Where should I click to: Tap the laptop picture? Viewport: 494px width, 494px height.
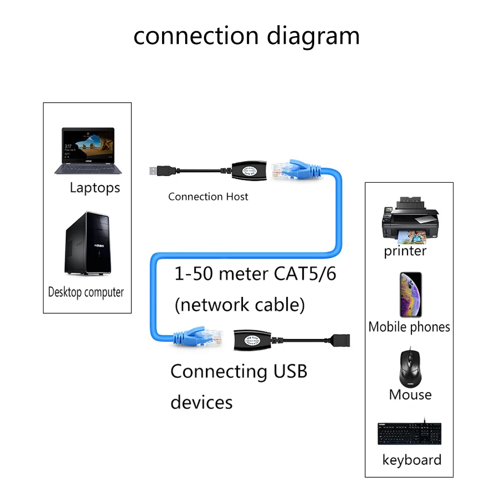88,151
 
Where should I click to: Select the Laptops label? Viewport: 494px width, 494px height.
94,188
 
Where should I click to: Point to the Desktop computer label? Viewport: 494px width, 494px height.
86,292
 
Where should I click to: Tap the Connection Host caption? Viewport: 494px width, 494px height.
208,197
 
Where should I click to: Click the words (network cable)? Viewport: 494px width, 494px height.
240,304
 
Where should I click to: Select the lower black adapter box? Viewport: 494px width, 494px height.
253,340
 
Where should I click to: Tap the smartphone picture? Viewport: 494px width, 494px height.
411,294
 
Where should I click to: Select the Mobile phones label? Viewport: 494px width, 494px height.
409,327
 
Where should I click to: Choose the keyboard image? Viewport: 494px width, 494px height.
409,433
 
